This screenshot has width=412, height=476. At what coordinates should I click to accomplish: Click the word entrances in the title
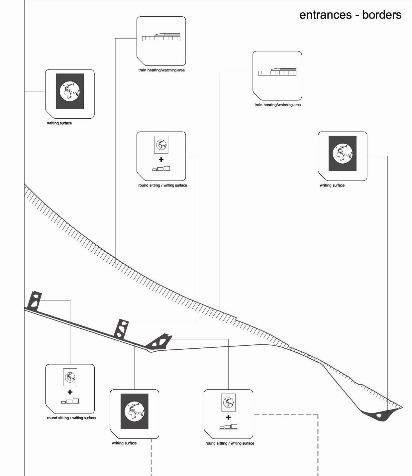click(325, 15)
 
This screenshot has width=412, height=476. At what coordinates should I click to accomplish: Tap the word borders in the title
click(382, 15)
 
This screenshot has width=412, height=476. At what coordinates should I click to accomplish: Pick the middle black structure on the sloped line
click(121, 329)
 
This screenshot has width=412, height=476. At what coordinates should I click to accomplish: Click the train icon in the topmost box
click(161, 37)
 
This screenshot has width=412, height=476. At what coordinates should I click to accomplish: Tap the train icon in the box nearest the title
click(277, 72)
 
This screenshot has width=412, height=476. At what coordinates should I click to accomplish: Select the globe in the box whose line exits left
click(70, 91)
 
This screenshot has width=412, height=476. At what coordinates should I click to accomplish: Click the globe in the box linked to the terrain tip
click(343, 153)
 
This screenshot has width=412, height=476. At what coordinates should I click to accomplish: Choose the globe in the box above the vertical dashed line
click(134, 411)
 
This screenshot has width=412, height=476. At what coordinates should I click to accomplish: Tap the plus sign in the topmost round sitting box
click(161, 160)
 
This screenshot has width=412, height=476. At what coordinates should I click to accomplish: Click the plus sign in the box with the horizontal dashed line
click(228, 417)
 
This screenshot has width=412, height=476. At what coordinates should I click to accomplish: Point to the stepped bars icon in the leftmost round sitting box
click(70, 401)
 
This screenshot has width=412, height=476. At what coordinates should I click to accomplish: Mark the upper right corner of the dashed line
click(318, 415)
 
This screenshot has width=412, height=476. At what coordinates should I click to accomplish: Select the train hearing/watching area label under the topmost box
click(161, 70)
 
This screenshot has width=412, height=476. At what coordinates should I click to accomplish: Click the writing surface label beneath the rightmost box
click(332, 185)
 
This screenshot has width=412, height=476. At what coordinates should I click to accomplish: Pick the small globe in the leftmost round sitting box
click(70, 377)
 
